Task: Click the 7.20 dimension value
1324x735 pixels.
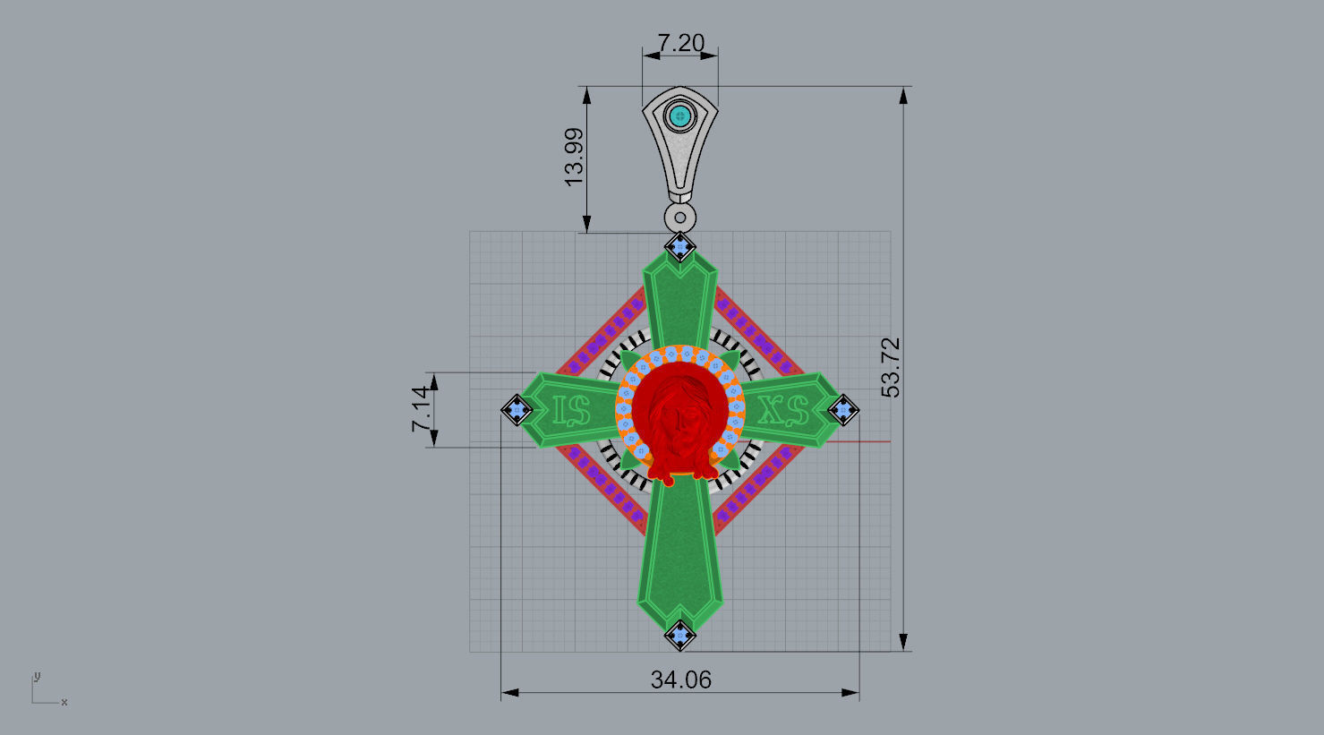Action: click(680, 43)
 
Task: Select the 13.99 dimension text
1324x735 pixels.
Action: click(574, 157)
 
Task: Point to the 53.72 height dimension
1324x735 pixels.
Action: click(891, 367)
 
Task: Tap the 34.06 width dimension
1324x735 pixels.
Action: click(680, 680)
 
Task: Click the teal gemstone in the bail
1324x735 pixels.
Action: click(681, 115)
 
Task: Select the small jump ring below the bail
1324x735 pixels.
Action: click(681, 217)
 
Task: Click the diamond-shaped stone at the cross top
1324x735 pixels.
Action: click(680, 245)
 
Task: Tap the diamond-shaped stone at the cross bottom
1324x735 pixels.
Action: click(680, 636)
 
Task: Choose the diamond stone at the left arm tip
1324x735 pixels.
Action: click(517, 410)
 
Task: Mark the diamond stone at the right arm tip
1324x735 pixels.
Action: click(843, 410)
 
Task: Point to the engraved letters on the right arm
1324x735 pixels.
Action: click(783, 410)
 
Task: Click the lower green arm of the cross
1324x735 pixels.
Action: click(679, 555)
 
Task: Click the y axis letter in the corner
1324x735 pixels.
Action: click(37, 676)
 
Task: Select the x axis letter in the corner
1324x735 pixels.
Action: click(64, 703)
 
